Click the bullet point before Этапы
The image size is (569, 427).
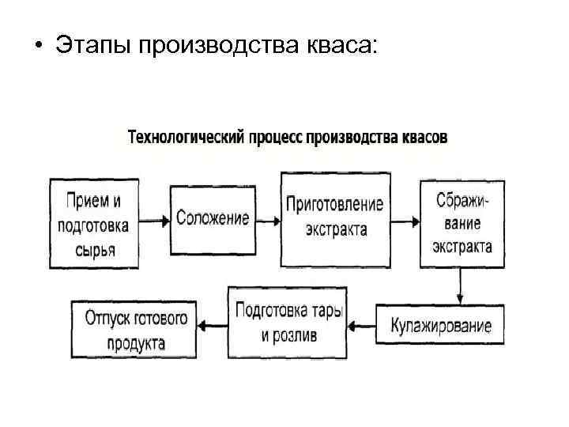(x=37, y=47)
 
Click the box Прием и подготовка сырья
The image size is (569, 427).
(x=93, y=225)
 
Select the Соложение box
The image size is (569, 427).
(x=213, y=219)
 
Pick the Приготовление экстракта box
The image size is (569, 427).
(x=335, y=218)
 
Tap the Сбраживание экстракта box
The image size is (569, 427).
(x=462, y=225)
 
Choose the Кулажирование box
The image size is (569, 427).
(x=439, y=324)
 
